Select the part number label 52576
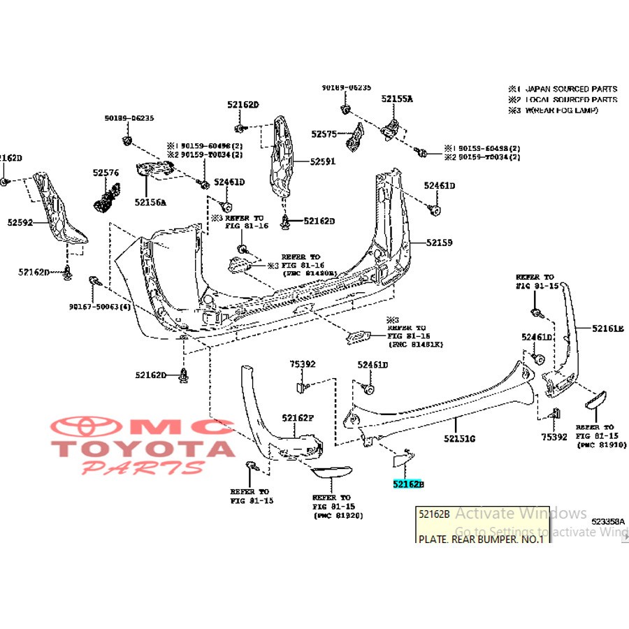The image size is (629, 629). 106,172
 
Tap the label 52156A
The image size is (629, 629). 150,202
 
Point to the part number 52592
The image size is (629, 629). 21,223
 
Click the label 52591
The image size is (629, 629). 323,161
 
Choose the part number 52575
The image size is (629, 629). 324,133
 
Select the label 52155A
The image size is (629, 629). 397,99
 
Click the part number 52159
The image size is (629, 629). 440,243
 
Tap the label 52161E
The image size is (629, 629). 607,328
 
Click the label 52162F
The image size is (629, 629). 298,418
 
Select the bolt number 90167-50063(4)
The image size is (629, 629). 100,306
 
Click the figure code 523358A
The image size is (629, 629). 607,521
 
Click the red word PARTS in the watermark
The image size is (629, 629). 143,467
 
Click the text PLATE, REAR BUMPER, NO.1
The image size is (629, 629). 480,540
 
